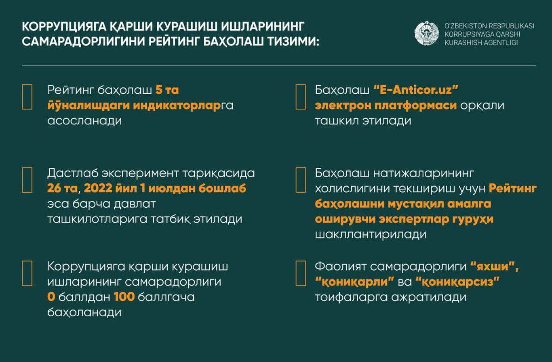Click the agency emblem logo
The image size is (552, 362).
coord(426,34)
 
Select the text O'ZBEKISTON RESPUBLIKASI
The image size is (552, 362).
coord(489,26)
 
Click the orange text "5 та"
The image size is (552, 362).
coord(167,90)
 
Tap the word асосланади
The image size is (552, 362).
coord(84,120)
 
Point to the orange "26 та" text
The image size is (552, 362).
coord(60,189)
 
